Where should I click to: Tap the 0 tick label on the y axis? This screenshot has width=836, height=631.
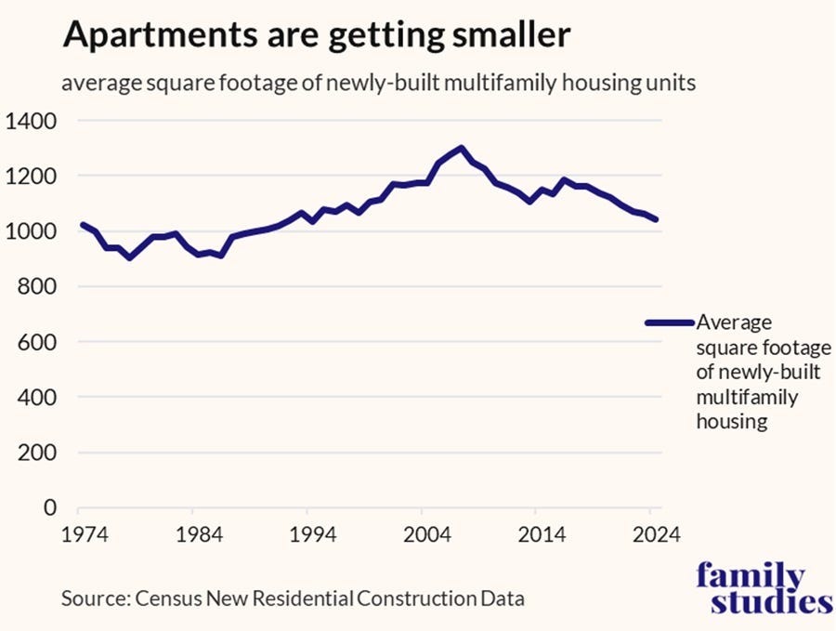[51, 508]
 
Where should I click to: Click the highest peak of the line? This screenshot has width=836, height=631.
[462, 148]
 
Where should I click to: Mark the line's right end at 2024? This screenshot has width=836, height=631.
[657, 219]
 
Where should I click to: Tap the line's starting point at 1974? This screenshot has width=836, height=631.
[83, 225]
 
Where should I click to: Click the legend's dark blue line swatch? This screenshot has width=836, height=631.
[669, 322]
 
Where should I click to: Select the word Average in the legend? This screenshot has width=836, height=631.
[734, 322]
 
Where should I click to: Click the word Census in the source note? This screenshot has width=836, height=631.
[163, 598]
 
